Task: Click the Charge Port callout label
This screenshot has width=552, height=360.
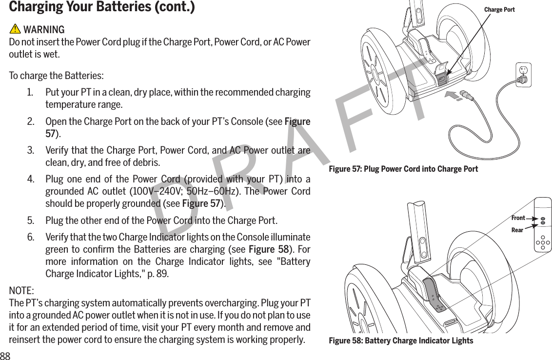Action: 499,10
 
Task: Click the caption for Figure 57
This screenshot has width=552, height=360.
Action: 403,169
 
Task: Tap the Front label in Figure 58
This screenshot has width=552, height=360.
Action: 518,218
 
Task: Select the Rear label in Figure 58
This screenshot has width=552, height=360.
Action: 517,229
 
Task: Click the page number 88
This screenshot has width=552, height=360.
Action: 5,355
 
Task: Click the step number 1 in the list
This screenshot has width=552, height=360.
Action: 30,93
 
